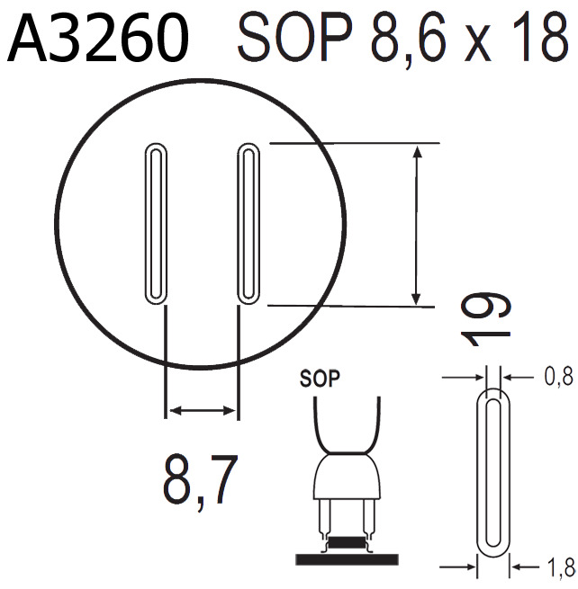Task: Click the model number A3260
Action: pos(99,40)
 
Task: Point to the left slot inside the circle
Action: pos(156,222)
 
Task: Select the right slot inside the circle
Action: pos(248,222)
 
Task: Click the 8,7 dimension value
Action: pos(200,481)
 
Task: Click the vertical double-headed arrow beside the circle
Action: pos(415,225)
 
